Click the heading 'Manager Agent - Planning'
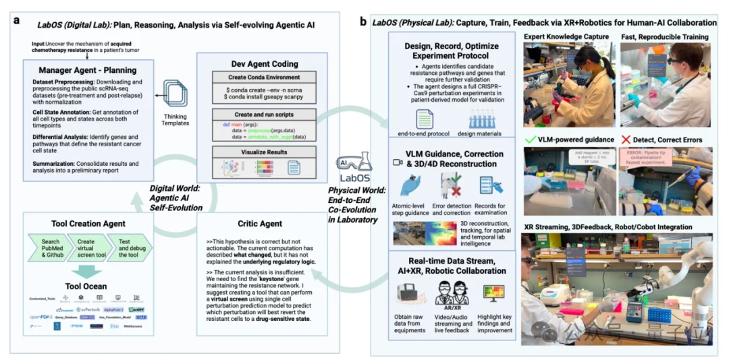click(88, 70)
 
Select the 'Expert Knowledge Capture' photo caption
click(566, 36)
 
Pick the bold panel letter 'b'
click(363, 22)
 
